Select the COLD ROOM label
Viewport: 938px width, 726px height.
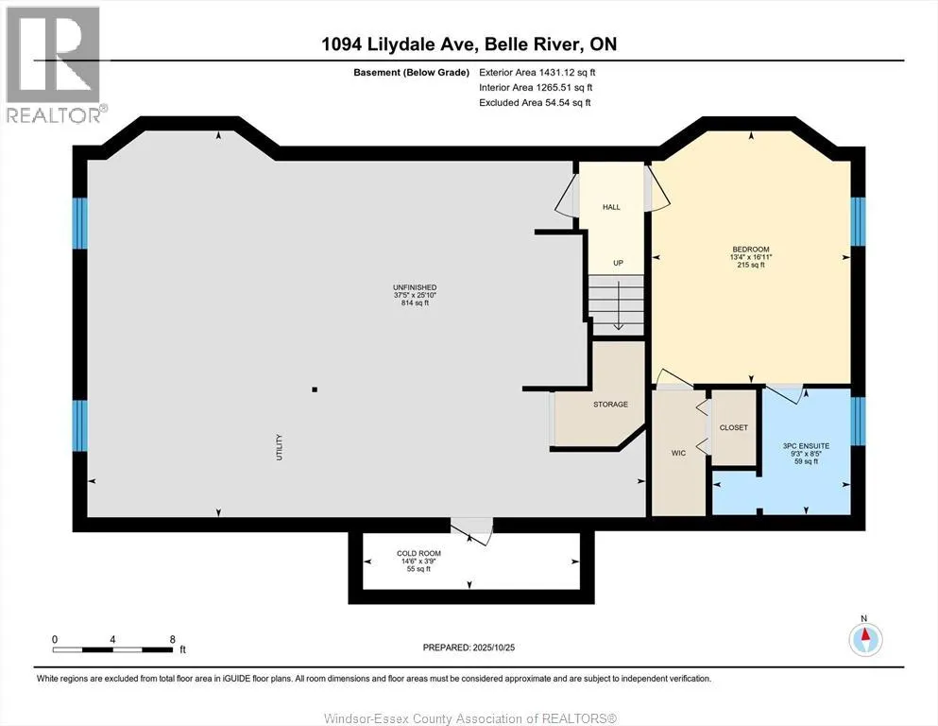pyautogui.click(x=418, y=553)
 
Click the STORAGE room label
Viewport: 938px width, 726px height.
pyautogui.click(x=610, y=405)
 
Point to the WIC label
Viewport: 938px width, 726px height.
pyautogui.click(x=677, y=454)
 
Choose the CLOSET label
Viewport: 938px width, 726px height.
pyautogui.click(x=733, y=427)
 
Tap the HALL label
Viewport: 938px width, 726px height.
pyautogui.click(x=611, y=207)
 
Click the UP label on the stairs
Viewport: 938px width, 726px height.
pyautogui.click(x=617, y=263)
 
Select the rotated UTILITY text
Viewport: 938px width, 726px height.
pyautogui.click(x=281, y=442)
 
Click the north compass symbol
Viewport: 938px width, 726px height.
pyautogui.click(x=864, y=639)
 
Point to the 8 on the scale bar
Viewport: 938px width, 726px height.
pyautogui.click(x=172, y=639)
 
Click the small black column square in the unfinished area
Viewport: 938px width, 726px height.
pyautogui.click(x=315, y=389)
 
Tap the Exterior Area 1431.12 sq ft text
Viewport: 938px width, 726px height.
pyautogui.click(x=537, y=72)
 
